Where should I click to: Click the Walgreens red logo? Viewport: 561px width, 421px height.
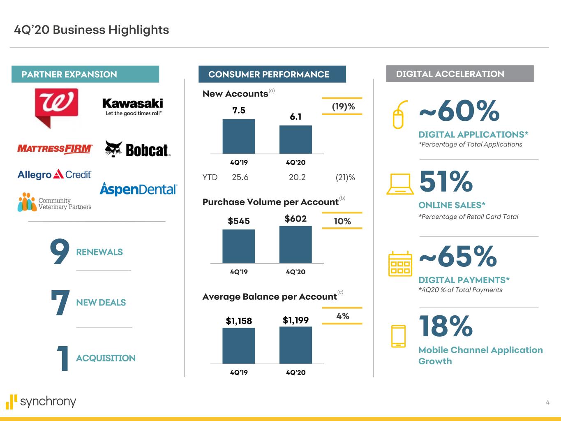tap(56, 106)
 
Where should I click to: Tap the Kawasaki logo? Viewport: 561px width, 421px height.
tap(132, 106)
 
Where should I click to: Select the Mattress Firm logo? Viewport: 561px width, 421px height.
tap(55, 148)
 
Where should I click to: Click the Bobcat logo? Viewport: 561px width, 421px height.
tap(137, 149)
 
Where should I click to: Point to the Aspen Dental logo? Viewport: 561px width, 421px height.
tap(138, 189)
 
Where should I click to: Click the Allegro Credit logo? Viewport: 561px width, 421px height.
tap(55, 175)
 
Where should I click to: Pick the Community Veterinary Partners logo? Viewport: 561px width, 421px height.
tap(55, 202)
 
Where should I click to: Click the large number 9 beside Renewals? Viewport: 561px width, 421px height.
tap(59, 252)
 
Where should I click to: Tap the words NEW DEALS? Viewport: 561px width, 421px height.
tap(101, 303)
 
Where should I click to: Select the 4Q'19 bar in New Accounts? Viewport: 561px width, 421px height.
tap(239, 136)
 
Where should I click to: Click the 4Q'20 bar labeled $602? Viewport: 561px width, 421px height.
tap(296, 245)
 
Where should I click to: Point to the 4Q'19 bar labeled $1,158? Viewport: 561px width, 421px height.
tap(239, 346)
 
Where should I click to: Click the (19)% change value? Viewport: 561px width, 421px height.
tap(343, 107)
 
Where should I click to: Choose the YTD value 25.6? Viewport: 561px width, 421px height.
tap(240, 177)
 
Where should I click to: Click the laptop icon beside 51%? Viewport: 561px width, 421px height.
tap(400, 184)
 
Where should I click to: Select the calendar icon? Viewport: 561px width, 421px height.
tap(400, 264)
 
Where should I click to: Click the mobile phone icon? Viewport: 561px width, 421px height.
tap(398, 336)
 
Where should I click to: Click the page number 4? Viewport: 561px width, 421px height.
tap(547, 402)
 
